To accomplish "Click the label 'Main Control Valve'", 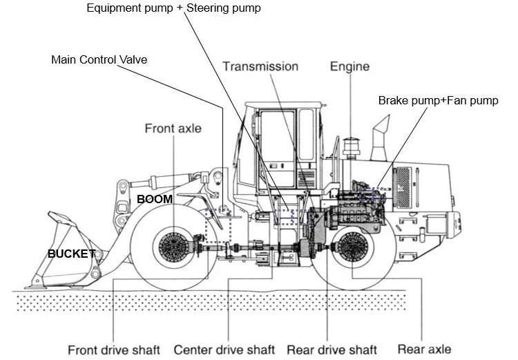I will (99, 59).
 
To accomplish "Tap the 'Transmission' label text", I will (260, 66).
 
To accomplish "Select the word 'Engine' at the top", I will (349, 66).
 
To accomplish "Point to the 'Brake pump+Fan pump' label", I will (438, 101).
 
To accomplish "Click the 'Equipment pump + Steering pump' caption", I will (173, 8).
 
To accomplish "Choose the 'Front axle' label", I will (173, 129).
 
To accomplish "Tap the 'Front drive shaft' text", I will (114, 349).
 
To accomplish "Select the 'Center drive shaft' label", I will (224, 349).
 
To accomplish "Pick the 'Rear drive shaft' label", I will (332, 349).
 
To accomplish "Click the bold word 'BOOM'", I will (154, 199).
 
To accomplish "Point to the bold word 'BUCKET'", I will (70, 254).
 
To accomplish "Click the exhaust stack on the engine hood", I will (381, 133).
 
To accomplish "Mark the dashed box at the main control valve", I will (218, 223).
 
